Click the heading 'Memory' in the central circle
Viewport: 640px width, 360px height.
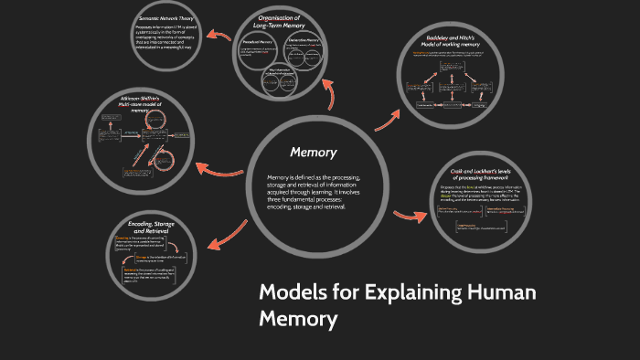(x=314, y=152)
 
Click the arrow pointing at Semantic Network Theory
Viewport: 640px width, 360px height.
(x=219, y=36)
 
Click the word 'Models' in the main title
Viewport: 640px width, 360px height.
(x=292, y=294)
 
